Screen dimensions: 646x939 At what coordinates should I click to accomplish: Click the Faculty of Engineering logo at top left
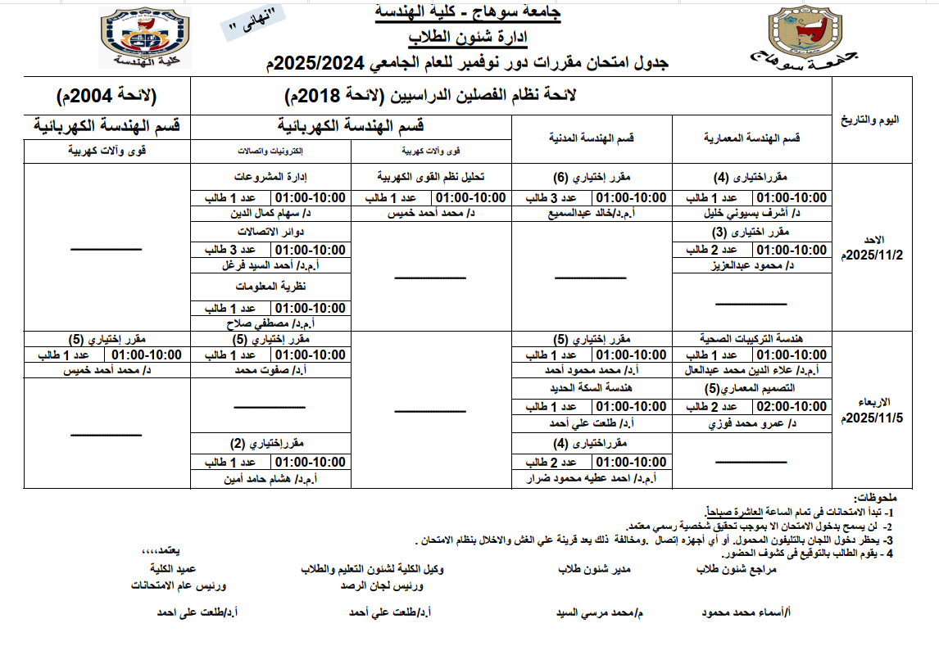(x=146, y=38)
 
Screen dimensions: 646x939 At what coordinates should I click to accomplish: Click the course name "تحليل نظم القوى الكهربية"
(x=431, y=177)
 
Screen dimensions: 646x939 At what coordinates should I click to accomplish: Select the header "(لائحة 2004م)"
(x=107, y=96)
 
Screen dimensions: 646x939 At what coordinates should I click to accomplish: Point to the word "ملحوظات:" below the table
(x=875, y=497)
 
